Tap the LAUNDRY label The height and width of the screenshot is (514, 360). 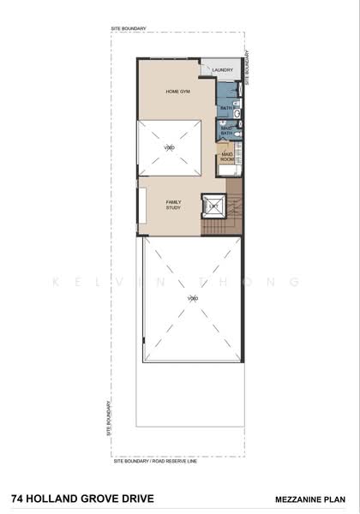224,70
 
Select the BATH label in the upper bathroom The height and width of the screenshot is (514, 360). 225,108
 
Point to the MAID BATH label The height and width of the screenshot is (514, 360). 227,131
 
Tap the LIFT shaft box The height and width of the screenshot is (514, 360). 213,206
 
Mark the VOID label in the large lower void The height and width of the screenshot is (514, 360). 192,298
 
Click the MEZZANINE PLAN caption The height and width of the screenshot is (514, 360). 310,498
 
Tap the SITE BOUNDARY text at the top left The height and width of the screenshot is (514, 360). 128,29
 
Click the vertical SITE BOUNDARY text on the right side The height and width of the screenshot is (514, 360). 248,66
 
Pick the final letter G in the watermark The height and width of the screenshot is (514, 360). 295,281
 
